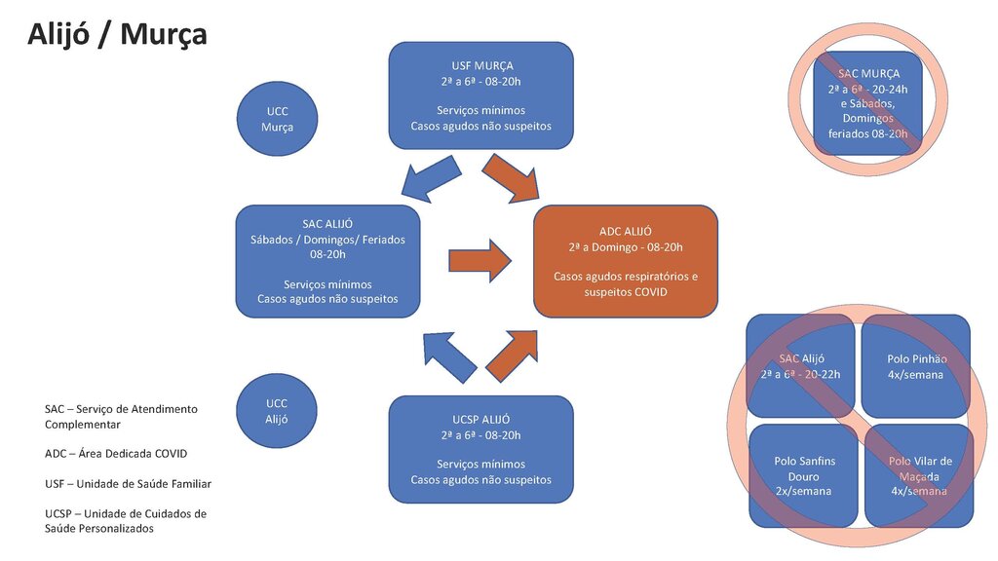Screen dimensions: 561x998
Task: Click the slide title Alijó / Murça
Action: pyautogui.click(x=117, y=34)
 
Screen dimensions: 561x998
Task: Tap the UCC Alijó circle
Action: pyautogui.click(x=277, y=411)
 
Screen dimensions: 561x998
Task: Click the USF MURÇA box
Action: pyautogui.click(x=480, y=95)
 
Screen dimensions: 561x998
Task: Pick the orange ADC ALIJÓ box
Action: pyautogui.click(x=626, y=261)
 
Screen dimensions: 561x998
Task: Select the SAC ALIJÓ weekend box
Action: pyautogui.click(x=327, y=261)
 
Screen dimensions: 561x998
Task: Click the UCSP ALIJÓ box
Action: pyautogui.click(x=480, y=449)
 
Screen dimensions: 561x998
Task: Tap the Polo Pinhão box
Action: pyautogui.click(x=916, y=366)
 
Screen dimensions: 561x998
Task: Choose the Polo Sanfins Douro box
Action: pyautogui.click(x=804, y=475)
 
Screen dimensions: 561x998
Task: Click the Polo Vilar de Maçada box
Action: pyautogui.click(x=919, y=475)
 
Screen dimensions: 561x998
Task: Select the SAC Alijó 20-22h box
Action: pyautogui.click(x=801, y=366)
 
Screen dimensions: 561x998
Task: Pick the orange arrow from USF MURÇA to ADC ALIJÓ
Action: pyautogui.click(x=512, y=179)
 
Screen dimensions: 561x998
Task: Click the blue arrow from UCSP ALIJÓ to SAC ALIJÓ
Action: pyautogui.click(x=449, y=356)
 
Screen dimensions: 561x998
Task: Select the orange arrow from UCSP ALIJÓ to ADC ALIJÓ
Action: pyautogui.click(x=512, y=355)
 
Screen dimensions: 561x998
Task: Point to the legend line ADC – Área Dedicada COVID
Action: pyautogui.click(x=115, y=454)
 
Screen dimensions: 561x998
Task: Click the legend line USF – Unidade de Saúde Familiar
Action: pyautogui.click(x=128, y=483)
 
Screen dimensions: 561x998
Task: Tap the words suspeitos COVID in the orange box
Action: pyautogui.click(x=626, y=291)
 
